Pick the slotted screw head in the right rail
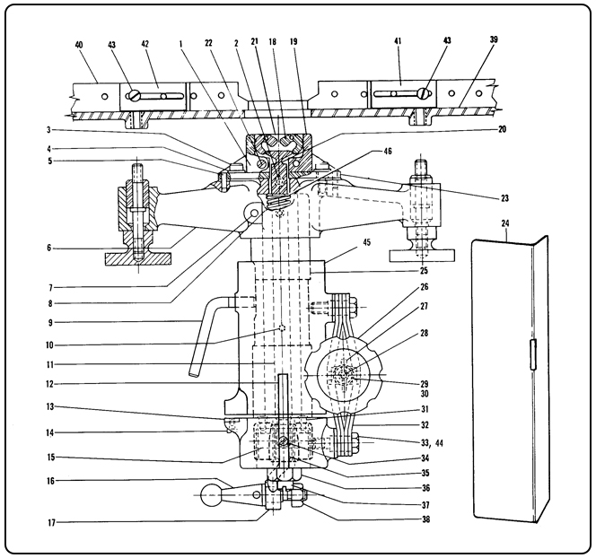tap(423, 93)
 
